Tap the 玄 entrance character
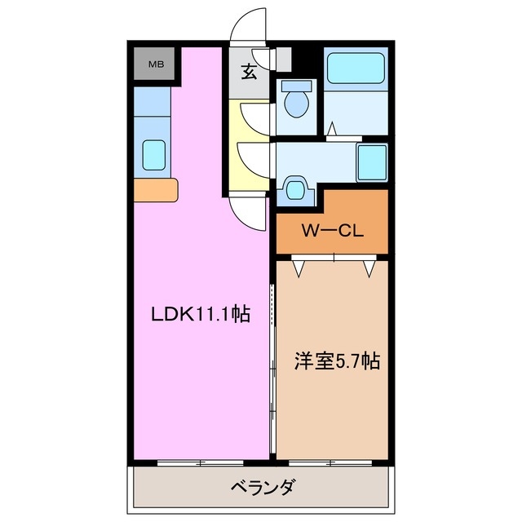pyautogui.click(x=250, y=71)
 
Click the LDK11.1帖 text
pyautogui.click(x=199, y=313)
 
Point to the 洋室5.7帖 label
pyautogui.click(x=336, y=361)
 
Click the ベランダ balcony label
pyautogui.click(x=262, y=489)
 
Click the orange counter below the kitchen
pyautogui.click(x=155, y=190)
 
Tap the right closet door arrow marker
pyautogui.click(x=371, y=266)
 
